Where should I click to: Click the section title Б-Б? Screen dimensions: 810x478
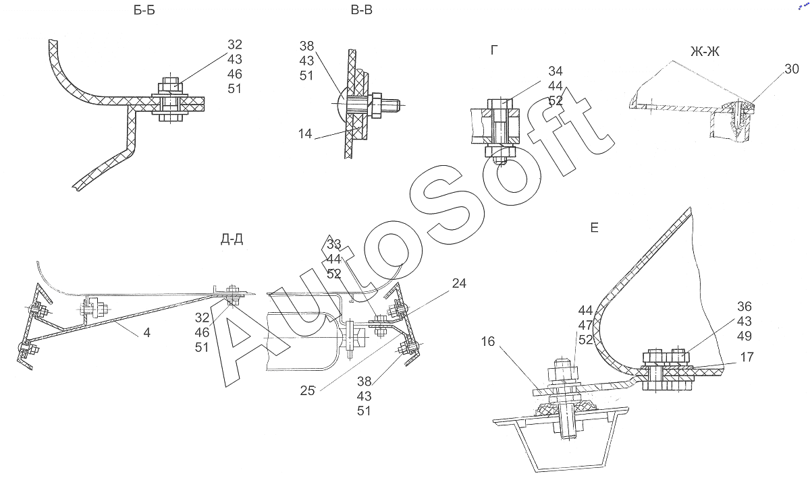(x=144, y=10)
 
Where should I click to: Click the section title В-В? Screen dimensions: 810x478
(x=362, y=9)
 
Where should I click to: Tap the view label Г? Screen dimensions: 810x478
(x=494, y=50)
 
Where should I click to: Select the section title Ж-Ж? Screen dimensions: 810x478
(x=705, y=52)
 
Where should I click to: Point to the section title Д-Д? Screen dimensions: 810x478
(x=232, y=239)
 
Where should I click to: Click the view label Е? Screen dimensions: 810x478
(x=594, y=228)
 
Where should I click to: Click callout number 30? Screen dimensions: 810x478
(x=792, y=69)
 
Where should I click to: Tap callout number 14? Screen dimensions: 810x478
(x=305, y=133)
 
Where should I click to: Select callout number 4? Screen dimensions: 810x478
(x=147, y=332)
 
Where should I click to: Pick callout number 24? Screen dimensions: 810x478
(x=459, y=283)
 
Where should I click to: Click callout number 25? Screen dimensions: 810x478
(x=307, y=390)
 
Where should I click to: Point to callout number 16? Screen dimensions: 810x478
(x=488, y=341)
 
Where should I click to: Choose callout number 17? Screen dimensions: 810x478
(x=747, y=357)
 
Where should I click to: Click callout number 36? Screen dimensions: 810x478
(x=745, y=306)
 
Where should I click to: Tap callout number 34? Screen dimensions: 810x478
(x=556, y=71)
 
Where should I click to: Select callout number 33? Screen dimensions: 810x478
(x=333, y=244)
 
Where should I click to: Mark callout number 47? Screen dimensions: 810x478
(x=585, y=325)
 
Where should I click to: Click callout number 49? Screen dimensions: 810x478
(x=745, y=336)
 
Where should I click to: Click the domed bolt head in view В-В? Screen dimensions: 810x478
(x=342, y=104)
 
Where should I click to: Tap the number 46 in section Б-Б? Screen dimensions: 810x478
(x=235, y=74)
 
